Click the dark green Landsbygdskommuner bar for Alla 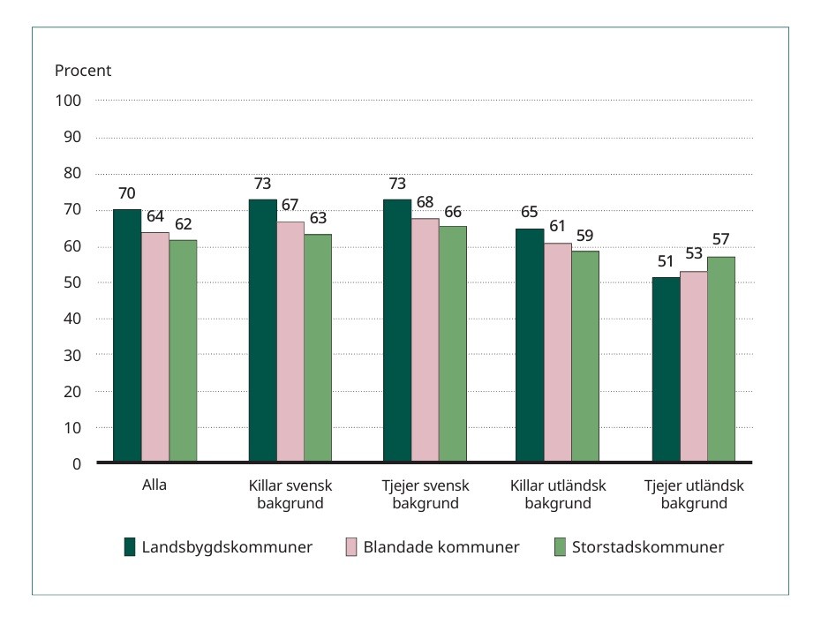coord(127,335)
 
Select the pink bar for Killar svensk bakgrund coord(290,342)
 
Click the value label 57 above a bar coord(721,240)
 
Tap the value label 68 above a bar coord(425,203)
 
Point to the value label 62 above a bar coord(183,223)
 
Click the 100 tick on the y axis coord(71,101)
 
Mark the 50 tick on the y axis coord(74,282)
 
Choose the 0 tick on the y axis coord(77,463)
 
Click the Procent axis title coord(83,71)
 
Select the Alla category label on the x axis coord(154,486)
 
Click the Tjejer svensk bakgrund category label coord(426,495)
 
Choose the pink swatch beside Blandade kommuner coord(348,547)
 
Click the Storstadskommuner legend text coord(648,547)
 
